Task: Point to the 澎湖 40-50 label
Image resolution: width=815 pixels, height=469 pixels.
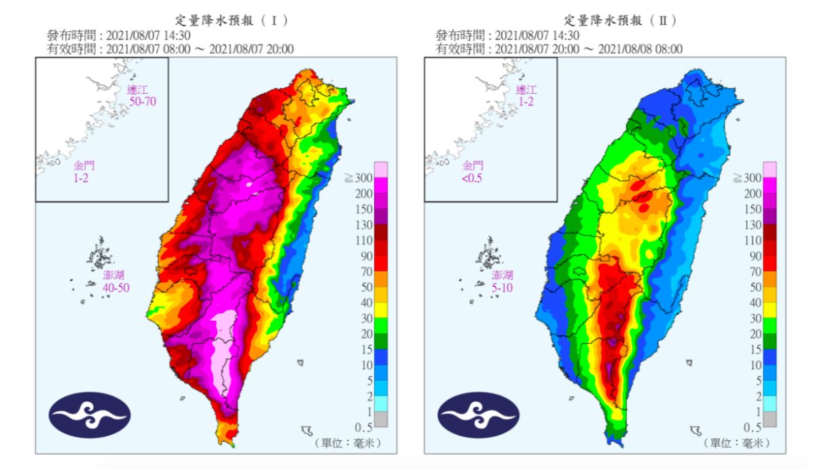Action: pos(112,281)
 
